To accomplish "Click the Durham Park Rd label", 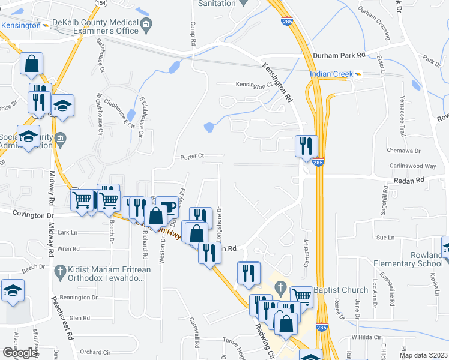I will [x=339, y=55].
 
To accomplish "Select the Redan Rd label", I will [x=409, y=179].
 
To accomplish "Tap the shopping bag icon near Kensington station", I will [x=31, y=64].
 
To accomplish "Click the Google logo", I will [x=20, y=353].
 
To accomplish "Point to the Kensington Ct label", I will [x=254, y=85].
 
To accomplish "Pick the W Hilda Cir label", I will [x=366, y=337].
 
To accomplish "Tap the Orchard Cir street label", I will [x=95, y=352].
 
